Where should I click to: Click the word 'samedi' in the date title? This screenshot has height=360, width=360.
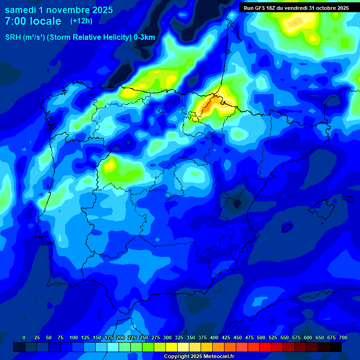[x=20, y=10]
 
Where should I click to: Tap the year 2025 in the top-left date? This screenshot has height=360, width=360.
[x=99, y=10]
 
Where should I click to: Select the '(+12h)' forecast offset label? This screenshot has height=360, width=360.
[x=81, y=21]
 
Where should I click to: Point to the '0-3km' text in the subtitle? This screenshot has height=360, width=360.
[x=144, y=37]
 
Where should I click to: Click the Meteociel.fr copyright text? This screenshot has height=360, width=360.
[x=199, y=357]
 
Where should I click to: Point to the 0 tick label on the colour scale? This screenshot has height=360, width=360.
[x=24, y=338]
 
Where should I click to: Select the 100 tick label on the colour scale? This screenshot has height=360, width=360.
[x=74, y=338]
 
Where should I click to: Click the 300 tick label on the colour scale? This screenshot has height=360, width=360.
[x=167, y=338]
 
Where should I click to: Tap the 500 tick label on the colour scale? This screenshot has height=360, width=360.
[x=261, y=338]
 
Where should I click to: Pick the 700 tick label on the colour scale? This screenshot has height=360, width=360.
[x=343, y=338]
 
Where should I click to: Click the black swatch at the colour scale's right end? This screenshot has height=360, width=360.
[x=336, y=347]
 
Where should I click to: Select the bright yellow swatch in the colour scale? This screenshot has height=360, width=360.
[x=172, y=347]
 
